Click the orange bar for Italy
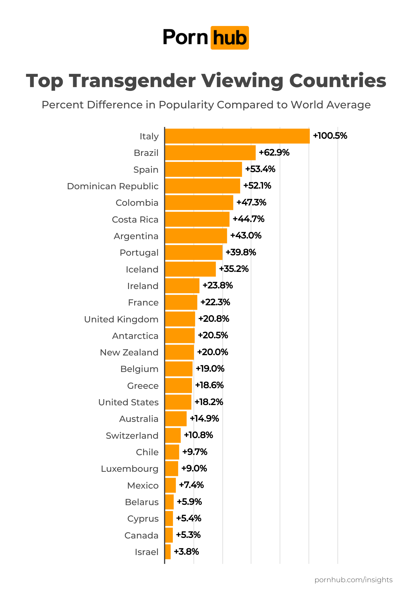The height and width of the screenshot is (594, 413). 237,136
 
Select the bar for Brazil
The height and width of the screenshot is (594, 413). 210,153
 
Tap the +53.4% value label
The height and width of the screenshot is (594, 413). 260,169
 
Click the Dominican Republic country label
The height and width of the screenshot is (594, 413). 113,186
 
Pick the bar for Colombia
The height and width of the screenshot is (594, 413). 199,203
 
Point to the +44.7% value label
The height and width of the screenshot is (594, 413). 248,219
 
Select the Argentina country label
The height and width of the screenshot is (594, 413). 136,236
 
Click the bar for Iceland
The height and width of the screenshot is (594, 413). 190,269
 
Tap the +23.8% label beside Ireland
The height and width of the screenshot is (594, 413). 218,285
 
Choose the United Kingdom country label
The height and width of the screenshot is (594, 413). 121,319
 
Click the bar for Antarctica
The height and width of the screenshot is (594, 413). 180,336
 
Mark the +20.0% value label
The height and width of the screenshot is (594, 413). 212,352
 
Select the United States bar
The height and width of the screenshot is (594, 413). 178,402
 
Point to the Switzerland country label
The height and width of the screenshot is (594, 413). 132,436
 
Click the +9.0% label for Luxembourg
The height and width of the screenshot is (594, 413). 194,469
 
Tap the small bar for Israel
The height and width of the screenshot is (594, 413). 168,552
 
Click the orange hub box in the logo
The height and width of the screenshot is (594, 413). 230,38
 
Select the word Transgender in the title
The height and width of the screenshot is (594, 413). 132,81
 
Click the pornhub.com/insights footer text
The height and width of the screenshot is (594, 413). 353,580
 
